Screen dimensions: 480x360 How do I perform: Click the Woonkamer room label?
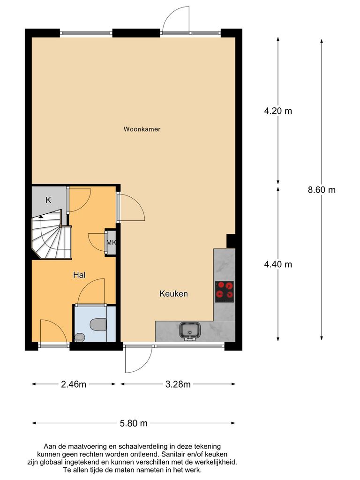pos(142,129)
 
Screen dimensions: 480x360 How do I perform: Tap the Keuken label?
pos(173,294)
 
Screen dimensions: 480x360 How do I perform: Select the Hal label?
pos(79,276)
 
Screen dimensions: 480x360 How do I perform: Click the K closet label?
pos(48,200)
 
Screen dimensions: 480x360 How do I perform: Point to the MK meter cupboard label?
pos(111,242)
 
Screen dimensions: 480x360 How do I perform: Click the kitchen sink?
pos(189,330)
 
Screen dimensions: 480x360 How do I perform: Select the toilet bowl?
pos(97,324)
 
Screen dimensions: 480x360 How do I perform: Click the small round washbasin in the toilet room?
pos(80,337)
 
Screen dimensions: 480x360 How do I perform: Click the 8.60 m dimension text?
pos(322,190)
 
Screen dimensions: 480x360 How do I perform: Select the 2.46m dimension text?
pos(74,385)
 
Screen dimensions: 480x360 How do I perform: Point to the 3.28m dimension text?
pos(178,385)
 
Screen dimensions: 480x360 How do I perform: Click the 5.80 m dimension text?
pos(133,423)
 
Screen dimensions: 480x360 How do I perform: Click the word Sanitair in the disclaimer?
pos(172,454)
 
